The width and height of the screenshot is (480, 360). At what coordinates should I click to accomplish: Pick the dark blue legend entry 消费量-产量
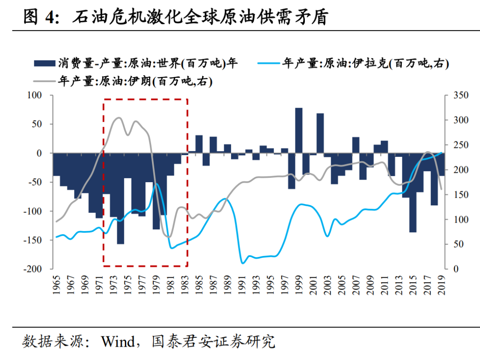pyautogui.click(x=136, y=64)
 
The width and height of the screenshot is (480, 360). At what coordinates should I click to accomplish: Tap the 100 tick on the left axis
pyautogui.click(x=34, y=95)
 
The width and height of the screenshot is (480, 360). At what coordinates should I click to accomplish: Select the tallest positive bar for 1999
pyautogui.click(x=299, y=130)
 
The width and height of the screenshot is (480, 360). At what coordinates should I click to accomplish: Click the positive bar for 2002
pyautogui.click(x=320, y=133)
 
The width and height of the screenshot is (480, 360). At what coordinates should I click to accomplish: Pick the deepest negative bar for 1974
pyautogui.click(x=120, y=198)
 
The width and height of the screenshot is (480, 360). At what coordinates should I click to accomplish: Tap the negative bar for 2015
pyautogui.click(x=413, y=192)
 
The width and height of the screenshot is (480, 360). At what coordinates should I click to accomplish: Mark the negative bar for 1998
pyautogui.click(x=292, y=171)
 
